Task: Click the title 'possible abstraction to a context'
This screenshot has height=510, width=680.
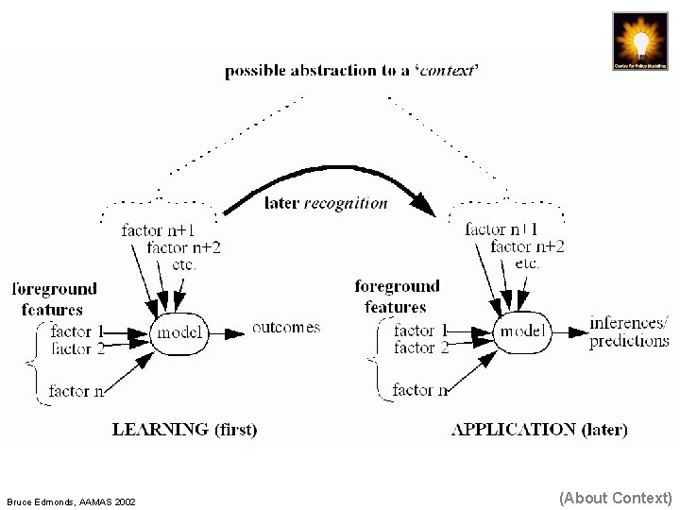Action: [x=351, y=71]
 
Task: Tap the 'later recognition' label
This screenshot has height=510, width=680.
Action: [x=326, y=202]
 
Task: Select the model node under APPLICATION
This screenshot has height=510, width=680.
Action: [x=523, y=331]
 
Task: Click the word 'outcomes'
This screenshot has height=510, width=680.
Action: [x=285, y=328]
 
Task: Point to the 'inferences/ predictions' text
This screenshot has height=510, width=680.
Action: [x=629, y=331]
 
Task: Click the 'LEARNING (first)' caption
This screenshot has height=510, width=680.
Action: [x=184, y=430]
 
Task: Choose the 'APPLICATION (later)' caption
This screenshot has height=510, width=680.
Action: [x=539, y=430]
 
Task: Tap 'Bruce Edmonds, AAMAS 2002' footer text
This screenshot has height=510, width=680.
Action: [x=71, y=501]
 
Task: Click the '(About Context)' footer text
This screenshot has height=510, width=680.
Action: [x=615, y=498]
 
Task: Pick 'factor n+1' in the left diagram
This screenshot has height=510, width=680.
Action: [x=158, y=230]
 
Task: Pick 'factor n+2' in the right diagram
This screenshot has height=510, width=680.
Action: [x=527, y=246]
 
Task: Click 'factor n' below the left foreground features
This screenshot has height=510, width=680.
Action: [x=76, y=390]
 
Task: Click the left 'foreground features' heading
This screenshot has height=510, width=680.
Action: [x=54, y=298]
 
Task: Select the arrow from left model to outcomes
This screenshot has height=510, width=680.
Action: [x=229, y=332]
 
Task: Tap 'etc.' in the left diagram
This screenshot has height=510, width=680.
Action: [x=184, y=264]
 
